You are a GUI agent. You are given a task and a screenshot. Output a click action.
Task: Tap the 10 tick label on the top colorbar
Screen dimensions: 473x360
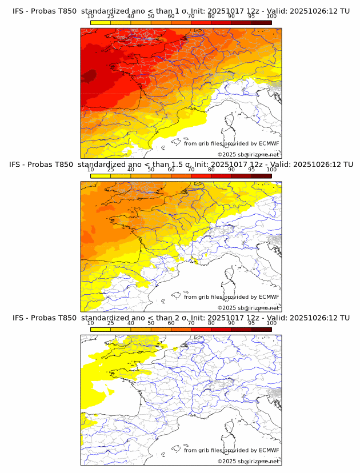click(x=91, y=17)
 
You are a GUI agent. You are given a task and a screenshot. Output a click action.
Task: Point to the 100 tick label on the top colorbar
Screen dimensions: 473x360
click(x=271, y=17)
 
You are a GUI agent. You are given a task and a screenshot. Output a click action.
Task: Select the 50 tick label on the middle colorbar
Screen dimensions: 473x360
click(x=151, y=170)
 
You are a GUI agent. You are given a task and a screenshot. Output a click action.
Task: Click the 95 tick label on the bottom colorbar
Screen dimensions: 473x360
click(x=251, y=323)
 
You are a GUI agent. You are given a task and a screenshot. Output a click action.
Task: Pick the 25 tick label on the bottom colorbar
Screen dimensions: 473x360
click(x=111, y=323)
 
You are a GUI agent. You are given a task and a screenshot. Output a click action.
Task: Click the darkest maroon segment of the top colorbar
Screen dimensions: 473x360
click(x=261, y=22)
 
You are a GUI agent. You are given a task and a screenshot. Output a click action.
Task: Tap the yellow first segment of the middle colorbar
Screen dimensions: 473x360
click(x=101, y=175)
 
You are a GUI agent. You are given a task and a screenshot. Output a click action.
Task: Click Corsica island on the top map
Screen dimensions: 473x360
click(x=231, y=121)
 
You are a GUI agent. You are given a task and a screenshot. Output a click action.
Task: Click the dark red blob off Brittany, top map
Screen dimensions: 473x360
click(x=89, y=77)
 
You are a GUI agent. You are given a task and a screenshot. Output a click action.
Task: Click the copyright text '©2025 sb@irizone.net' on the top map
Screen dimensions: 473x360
click(x=248, y=154)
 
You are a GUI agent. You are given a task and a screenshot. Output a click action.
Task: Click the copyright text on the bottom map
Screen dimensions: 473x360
click(x=248, y=461)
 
